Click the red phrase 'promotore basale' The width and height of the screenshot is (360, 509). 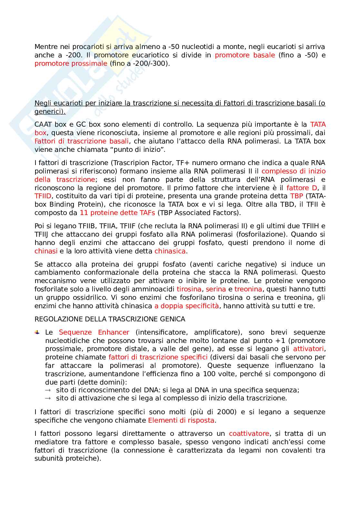pyautogui.click(x=245, y=55)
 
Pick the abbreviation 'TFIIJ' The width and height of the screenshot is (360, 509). pyautogui.click(x=44, y=234)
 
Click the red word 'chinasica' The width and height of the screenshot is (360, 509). pyautogui.click(x=170, y=251)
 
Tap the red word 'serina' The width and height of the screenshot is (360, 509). pyautogui.click(x=216, y=289)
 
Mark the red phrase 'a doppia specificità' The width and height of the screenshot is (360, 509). pyautogui.click(x=186, y=306)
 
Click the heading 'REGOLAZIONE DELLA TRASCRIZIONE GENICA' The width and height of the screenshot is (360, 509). pyautogui.click(x=110, y=319)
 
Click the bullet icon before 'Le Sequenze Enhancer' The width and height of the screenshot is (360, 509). pyautogui.click(x=37, y=332)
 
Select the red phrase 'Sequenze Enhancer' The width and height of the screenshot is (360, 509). pyautogui.click(x=94, y=332)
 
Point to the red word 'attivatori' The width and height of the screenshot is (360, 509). pyautogui.click(x=309, y=349)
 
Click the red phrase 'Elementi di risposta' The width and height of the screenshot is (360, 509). pyautogui.click(x=181, y=420)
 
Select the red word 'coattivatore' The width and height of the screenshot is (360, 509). pyautogui.click(x=249, y=434)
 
